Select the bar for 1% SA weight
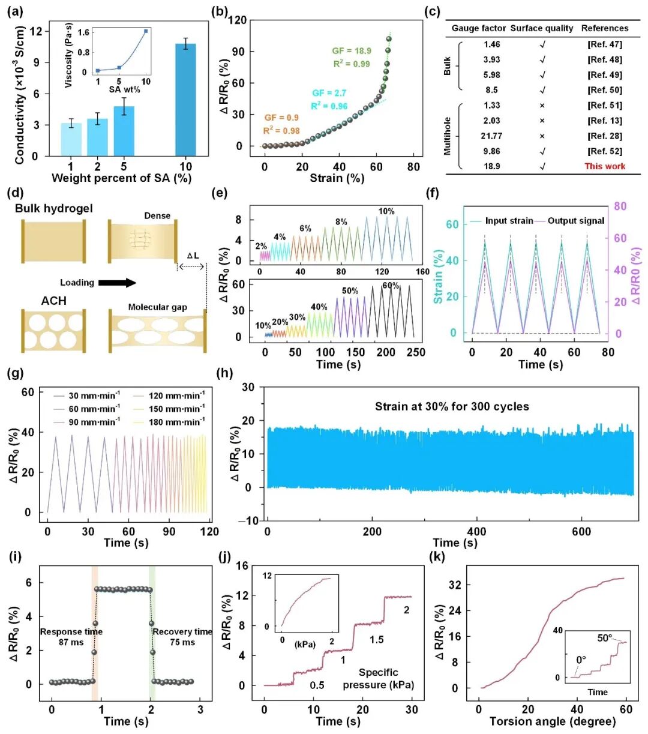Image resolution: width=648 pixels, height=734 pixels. [x=71, y=139]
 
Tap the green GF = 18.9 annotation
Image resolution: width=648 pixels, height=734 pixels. [x=352, y=51]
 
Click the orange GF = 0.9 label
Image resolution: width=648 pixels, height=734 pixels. [x=281, y=118]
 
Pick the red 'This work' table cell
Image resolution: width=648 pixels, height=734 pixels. [x=604, y=166]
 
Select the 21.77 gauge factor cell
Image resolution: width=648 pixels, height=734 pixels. [x=491, y=136]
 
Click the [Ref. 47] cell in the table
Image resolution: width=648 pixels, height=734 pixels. [x=604, y=44]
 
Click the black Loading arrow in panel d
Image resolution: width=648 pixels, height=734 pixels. [x=117, y=283]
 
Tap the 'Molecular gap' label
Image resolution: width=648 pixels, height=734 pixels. [x=157, y=307]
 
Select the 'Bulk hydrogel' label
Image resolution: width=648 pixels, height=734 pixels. [x=53, y=209]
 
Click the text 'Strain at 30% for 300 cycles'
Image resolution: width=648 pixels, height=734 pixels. [x=452, y=406]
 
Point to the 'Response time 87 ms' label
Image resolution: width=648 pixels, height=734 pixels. [x=71, y=637]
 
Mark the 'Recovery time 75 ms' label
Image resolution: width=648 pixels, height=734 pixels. [x=182, y=637]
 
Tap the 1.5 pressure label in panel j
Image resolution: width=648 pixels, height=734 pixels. [x=376, y=640]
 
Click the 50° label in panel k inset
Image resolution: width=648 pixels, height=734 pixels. [x=604, y=638]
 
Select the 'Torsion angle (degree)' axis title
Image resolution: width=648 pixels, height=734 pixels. [x=552, y=721]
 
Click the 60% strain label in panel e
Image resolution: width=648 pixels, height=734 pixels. [x=391, y=286]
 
